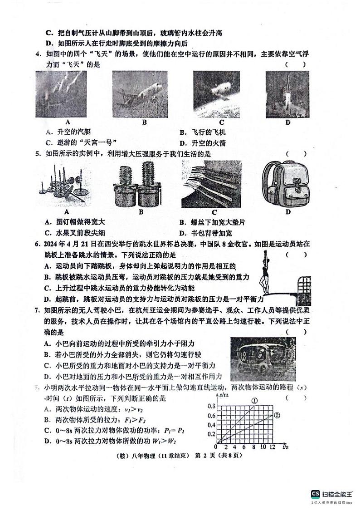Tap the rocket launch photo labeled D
[287, 94]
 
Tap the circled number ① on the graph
[254, 401]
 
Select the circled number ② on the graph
[277, 415]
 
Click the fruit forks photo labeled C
[214, 184]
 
